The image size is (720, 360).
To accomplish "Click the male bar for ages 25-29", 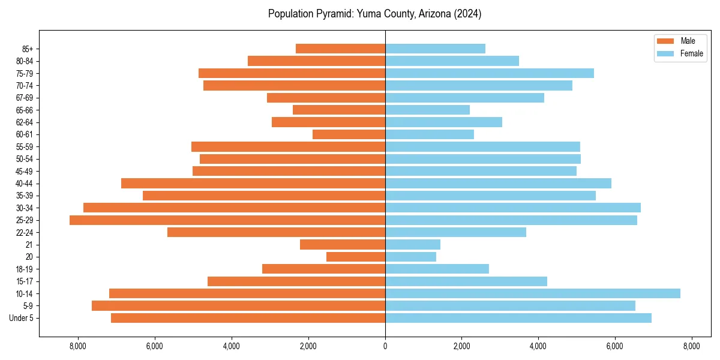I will [227, 220].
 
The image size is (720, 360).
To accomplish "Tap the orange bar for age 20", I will [356, 257].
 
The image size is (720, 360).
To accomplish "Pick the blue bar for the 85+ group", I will [435, 49].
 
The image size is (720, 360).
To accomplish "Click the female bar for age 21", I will [413, 245].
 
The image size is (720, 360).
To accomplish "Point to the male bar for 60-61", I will [349, 134].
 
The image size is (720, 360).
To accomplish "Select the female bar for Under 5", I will [518, 318].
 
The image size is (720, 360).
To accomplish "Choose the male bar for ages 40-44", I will [253, 184].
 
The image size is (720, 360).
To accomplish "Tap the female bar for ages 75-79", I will [489, 73].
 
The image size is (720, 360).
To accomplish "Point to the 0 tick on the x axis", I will [385, 346].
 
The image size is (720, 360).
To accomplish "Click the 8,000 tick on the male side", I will [79, 346].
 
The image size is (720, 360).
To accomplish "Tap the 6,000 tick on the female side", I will [615, 346].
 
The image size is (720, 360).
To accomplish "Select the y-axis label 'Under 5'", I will [22, 318].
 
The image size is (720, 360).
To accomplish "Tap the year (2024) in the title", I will [468, 14].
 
